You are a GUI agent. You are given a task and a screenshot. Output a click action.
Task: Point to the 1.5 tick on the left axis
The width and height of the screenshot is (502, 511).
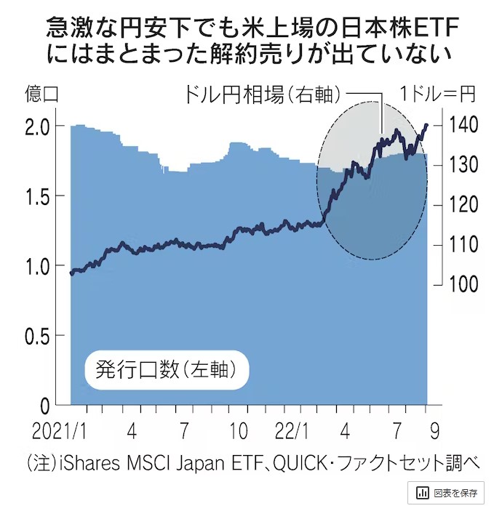pos(38,196)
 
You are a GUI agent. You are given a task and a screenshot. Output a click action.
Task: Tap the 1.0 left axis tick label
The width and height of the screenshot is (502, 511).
pos(38,266)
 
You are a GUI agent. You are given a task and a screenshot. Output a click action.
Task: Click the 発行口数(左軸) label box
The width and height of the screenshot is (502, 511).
pos(167,369)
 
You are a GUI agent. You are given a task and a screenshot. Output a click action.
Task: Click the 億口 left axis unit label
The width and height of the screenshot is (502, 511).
pos(41,94)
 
